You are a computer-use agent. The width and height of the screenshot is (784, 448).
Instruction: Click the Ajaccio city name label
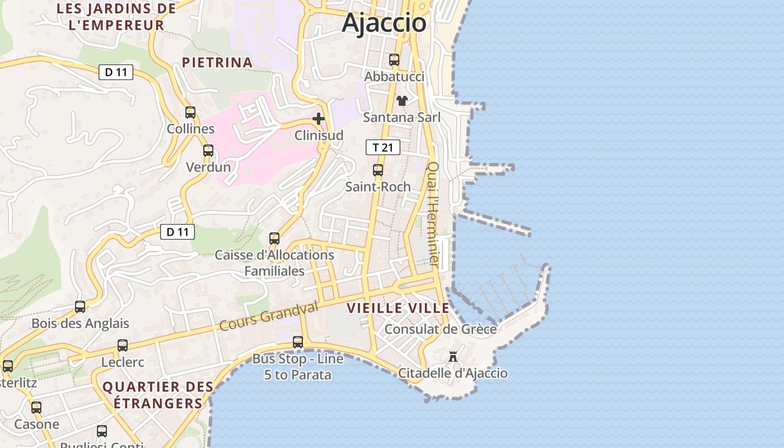(x=384, y=23)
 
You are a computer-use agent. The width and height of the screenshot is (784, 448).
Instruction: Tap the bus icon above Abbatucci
(x=394, y=60)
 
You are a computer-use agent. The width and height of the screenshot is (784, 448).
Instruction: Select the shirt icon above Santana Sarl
(x=402, y=101)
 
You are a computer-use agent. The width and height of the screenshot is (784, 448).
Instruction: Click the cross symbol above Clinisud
(x=319, y=119)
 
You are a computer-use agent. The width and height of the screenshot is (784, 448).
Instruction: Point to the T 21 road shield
(x=383, y=147)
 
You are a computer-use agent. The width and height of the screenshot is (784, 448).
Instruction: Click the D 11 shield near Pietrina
(x=116, y=72)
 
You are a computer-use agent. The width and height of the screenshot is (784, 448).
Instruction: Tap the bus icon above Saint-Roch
(x=378, y=170)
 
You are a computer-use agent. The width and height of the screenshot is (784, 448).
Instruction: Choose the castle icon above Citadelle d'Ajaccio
(x=453, y=356)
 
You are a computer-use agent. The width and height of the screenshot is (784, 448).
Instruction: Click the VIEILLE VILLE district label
(x=398, y=308)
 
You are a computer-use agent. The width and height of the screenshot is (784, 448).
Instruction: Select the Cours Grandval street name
(x=269, y=315)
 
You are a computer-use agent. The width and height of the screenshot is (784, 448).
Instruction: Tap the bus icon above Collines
(x=190, y=113)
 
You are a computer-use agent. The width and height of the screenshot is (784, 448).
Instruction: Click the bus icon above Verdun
(x=208, y=151)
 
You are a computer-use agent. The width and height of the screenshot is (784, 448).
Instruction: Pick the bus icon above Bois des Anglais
(x=80, y=307)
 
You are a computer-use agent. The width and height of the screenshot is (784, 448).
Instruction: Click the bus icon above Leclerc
(x=123, y=346)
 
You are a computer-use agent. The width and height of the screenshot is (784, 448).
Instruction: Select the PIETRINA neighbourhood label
(x=217, y=62)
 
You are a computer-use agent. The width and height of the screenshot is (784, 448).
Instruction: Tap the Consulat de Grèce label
(x=441, y=329)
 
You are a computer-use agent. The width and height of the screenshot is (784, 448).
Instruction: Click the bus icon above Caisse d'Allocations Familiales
(x=274, y=239)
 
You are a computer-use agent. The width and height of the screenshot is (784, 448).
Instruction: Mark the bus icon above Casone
(x=36, y=408)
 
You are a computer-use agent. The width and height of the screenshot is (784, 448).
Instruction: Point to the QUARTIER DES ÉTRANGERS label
(x=158, y=394)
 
